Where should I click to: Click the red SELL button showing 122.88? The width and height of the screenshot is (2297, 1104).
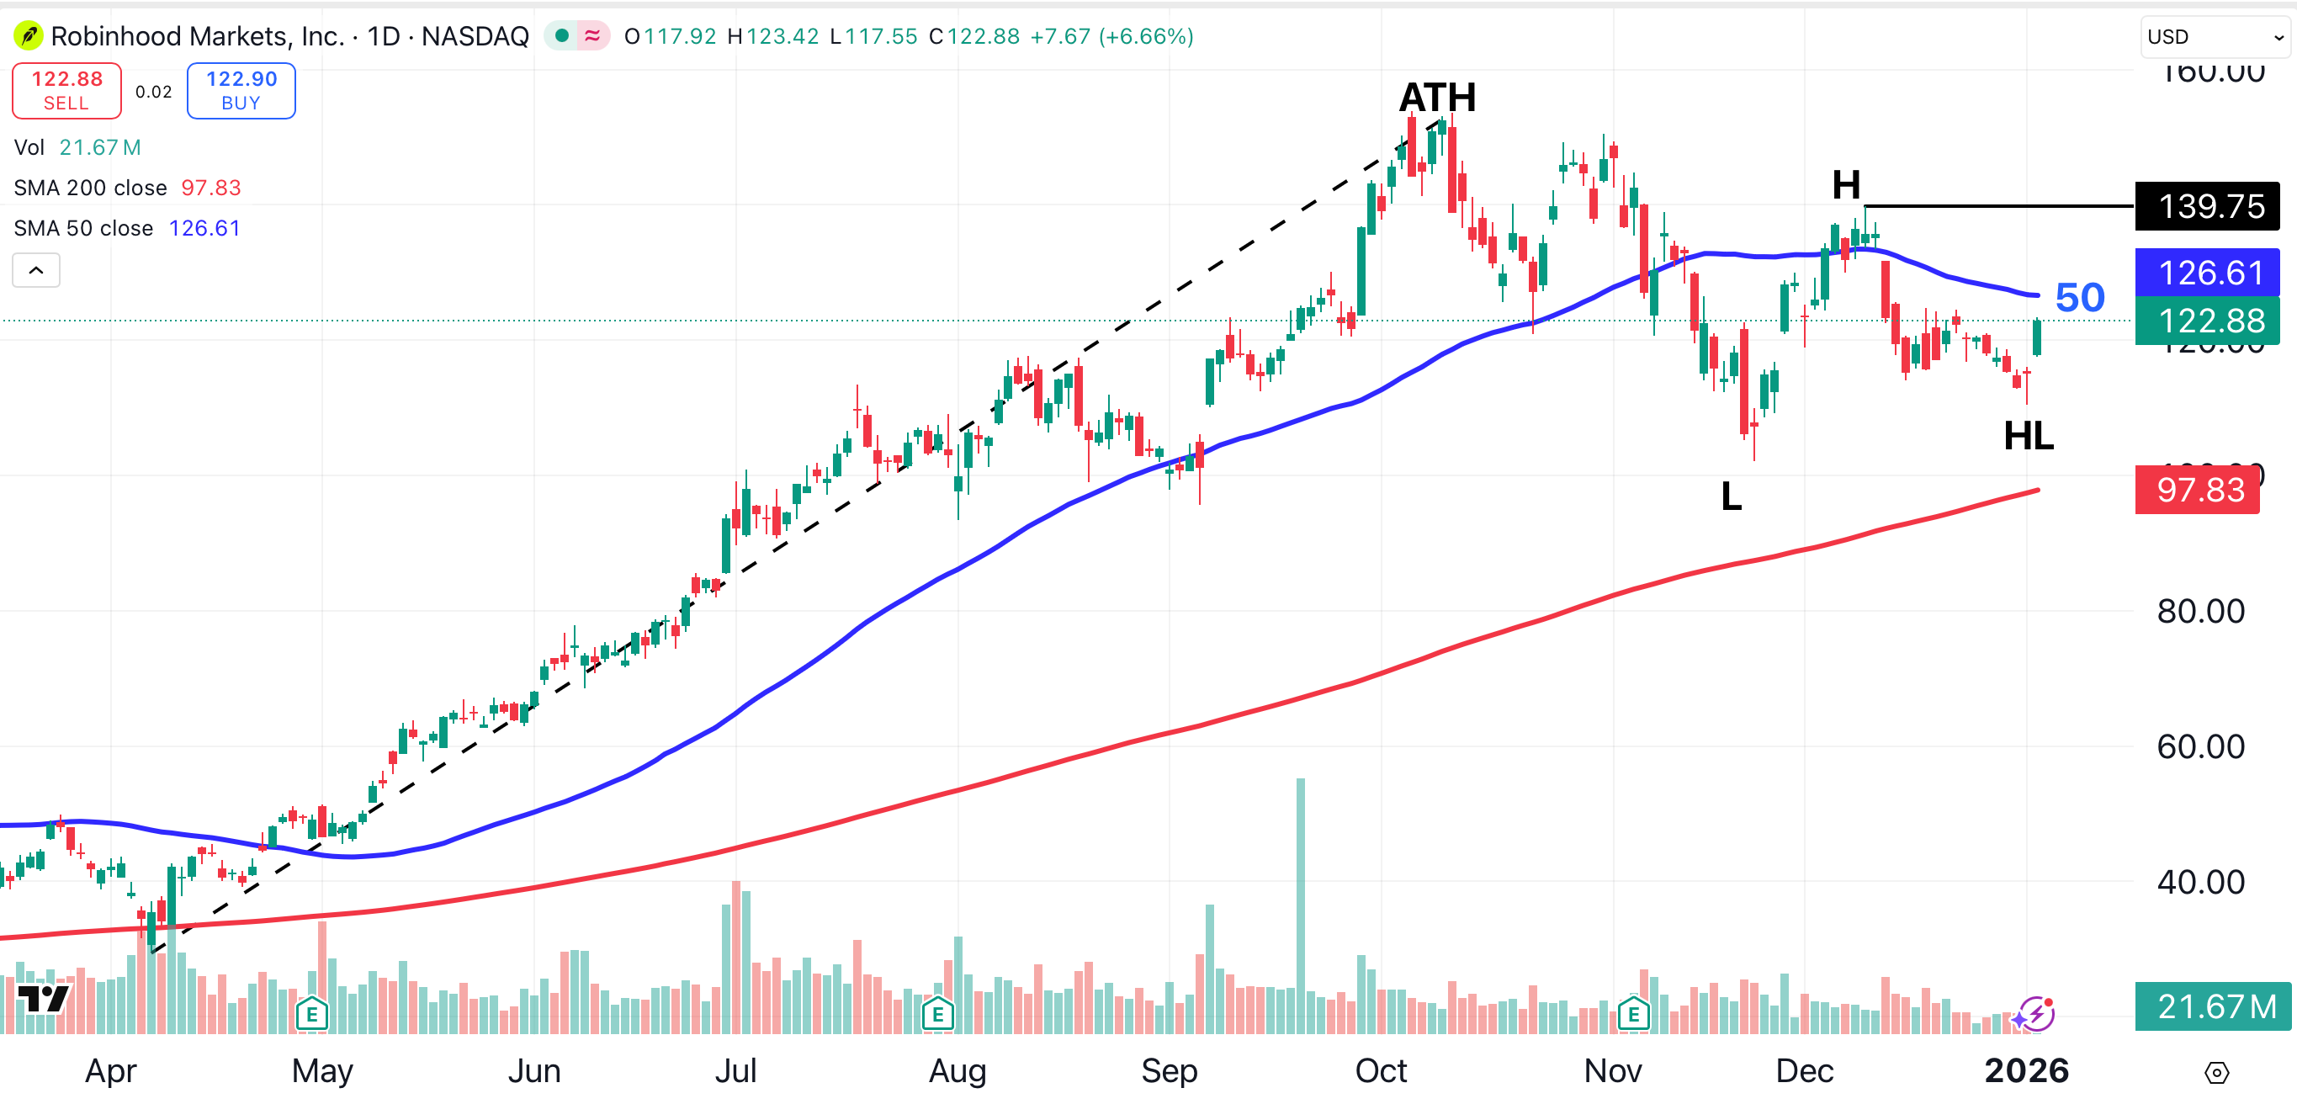[x=66, y=90]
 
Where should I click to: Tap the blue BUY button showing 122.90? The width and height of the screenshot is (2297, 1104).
[x=241, y=90]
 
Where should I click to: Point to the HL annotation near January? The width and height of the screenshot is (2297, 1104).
[x=2028, y=436]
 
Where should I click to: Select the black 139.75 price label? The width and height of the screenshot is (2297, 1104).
[x=2207, y=206]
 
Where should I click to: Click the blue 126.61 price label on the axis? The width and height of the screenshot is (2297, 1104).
[x=2207, y=272]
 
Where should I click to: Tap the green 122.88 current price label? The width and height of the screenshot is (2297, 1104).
[x=2207, y=320]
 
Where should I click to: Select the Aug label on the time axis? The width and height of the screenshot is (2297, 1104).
[x=957, y=1070]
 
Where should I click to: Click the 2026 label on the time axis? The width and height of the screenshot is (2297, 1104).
[x=2026, y=1070]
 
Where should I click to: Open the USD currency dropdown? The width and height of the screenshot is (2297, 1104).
[x=2215, y=36]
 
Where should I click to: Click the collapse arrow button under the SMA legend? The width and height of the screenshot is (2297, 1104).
[x=35, y=270]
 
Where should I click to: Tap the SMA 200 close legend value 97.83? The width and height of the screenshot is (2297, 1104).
[x=211, y=188]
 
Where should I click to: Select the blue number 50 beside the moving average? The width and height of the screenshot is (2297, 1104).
[x=2079, y=297]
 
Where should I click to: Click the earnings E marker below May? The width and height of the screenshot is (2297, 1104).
[x=311, y=1014]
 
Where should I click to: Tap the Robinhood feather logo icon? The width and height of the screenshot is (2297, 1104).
[x=29, y=36]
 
